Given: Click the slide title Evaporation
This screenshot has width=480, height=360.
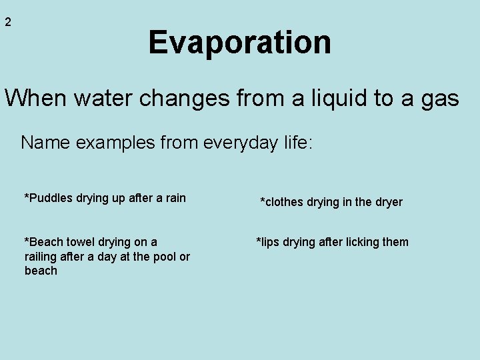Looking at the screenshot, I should (x=239, y=42).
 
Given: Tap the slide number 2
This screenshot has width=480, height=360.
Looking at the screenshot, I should (x=8, y=22).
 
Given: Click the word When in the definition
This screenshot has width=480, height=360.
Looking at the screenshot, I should (x=36, y=99).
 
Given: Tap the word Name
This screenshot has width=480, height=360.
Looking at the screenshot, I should (x=43, y=143).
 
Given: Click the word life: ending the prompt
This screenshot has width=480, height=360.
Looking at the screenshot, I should (x=293, y=143).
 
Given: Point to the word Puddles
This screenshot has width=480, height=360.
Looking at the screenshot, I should (x=51, y=198).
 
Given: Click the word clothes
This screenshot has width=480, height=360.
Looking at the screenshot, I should (x=283, y=202).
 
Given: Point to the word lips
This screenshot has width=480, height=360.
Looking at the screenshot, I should (x=269, y=242).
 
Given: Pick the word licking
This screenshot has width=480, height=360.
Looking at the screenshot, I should (x=361, y=242).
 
